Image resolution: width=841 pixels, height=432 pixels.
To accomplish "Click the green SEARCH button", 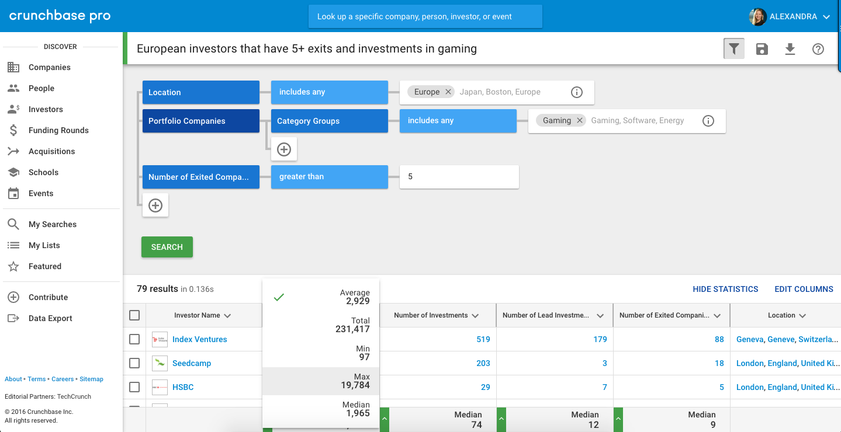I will tap(167, 247).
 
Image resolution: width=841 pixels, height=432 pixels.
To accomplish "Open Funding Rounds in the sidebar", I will tap(58, 130).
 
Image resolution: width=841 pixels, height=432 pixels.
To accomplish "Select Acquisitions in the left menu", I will tap(51, 151).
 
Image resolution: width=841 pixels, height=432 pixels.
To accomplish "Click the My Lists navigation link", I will tap(44, 245).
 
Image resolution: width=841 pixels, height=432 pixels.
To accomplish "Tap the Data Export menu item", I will tap(50, 318).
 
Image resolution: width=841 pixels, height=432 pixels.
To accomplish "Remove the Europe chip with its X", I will tap(448, 92).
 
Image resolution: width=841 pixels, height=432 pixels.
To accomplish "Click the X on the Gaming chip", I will tap(580, 120).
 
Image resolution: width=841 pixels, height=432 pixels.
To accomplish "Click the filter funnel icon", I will tap(733, 49).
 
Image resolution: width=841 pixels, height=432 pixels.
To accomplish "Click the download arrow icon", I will tap(790, 49).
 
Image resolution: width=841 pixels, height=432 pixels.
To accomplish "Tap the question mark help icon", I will tap(818, 49).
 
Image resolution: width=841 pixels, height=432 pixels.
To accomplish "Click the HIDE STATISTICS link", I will tap(725, 289).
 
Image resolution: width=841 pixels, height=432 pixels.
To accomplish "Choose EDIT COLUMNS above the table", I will tap(804, 289).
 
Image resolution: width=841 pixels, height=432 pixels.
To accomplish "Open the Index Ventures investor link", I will tap(199, 339).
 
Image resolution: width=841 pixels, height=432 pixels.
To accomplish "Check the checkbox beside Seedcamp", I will tap(134, 363).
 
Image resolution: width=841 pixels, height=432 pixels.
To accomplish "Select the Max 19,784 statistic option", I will tap(321, 381).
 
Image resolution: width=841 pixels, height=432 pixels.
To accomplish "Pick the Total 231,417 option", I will tap(321, 325).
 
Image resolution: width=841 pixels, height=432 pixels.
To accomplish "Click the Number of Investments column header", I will tap(431, 315).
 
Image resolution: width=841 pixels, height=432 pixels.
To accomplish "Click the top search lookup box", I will tap(425, 16).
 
